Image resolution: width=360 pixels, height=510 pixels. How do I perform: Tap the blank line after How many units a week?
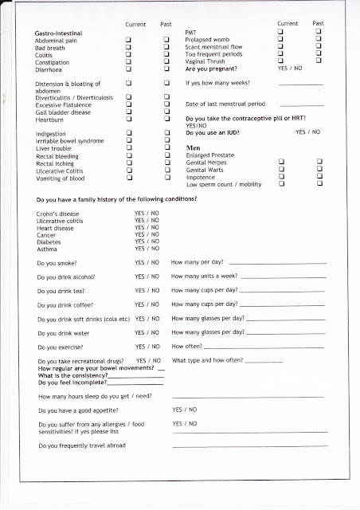point(283,300)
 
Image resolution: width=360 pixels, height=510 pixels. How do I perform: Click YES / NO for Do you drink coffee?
point(147,304)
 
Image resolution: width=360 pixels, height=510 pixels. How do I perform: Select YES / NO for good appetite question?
point(185,409)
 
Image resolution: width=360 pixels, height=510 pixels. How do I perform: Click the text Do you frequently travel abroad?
point(78,445)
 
